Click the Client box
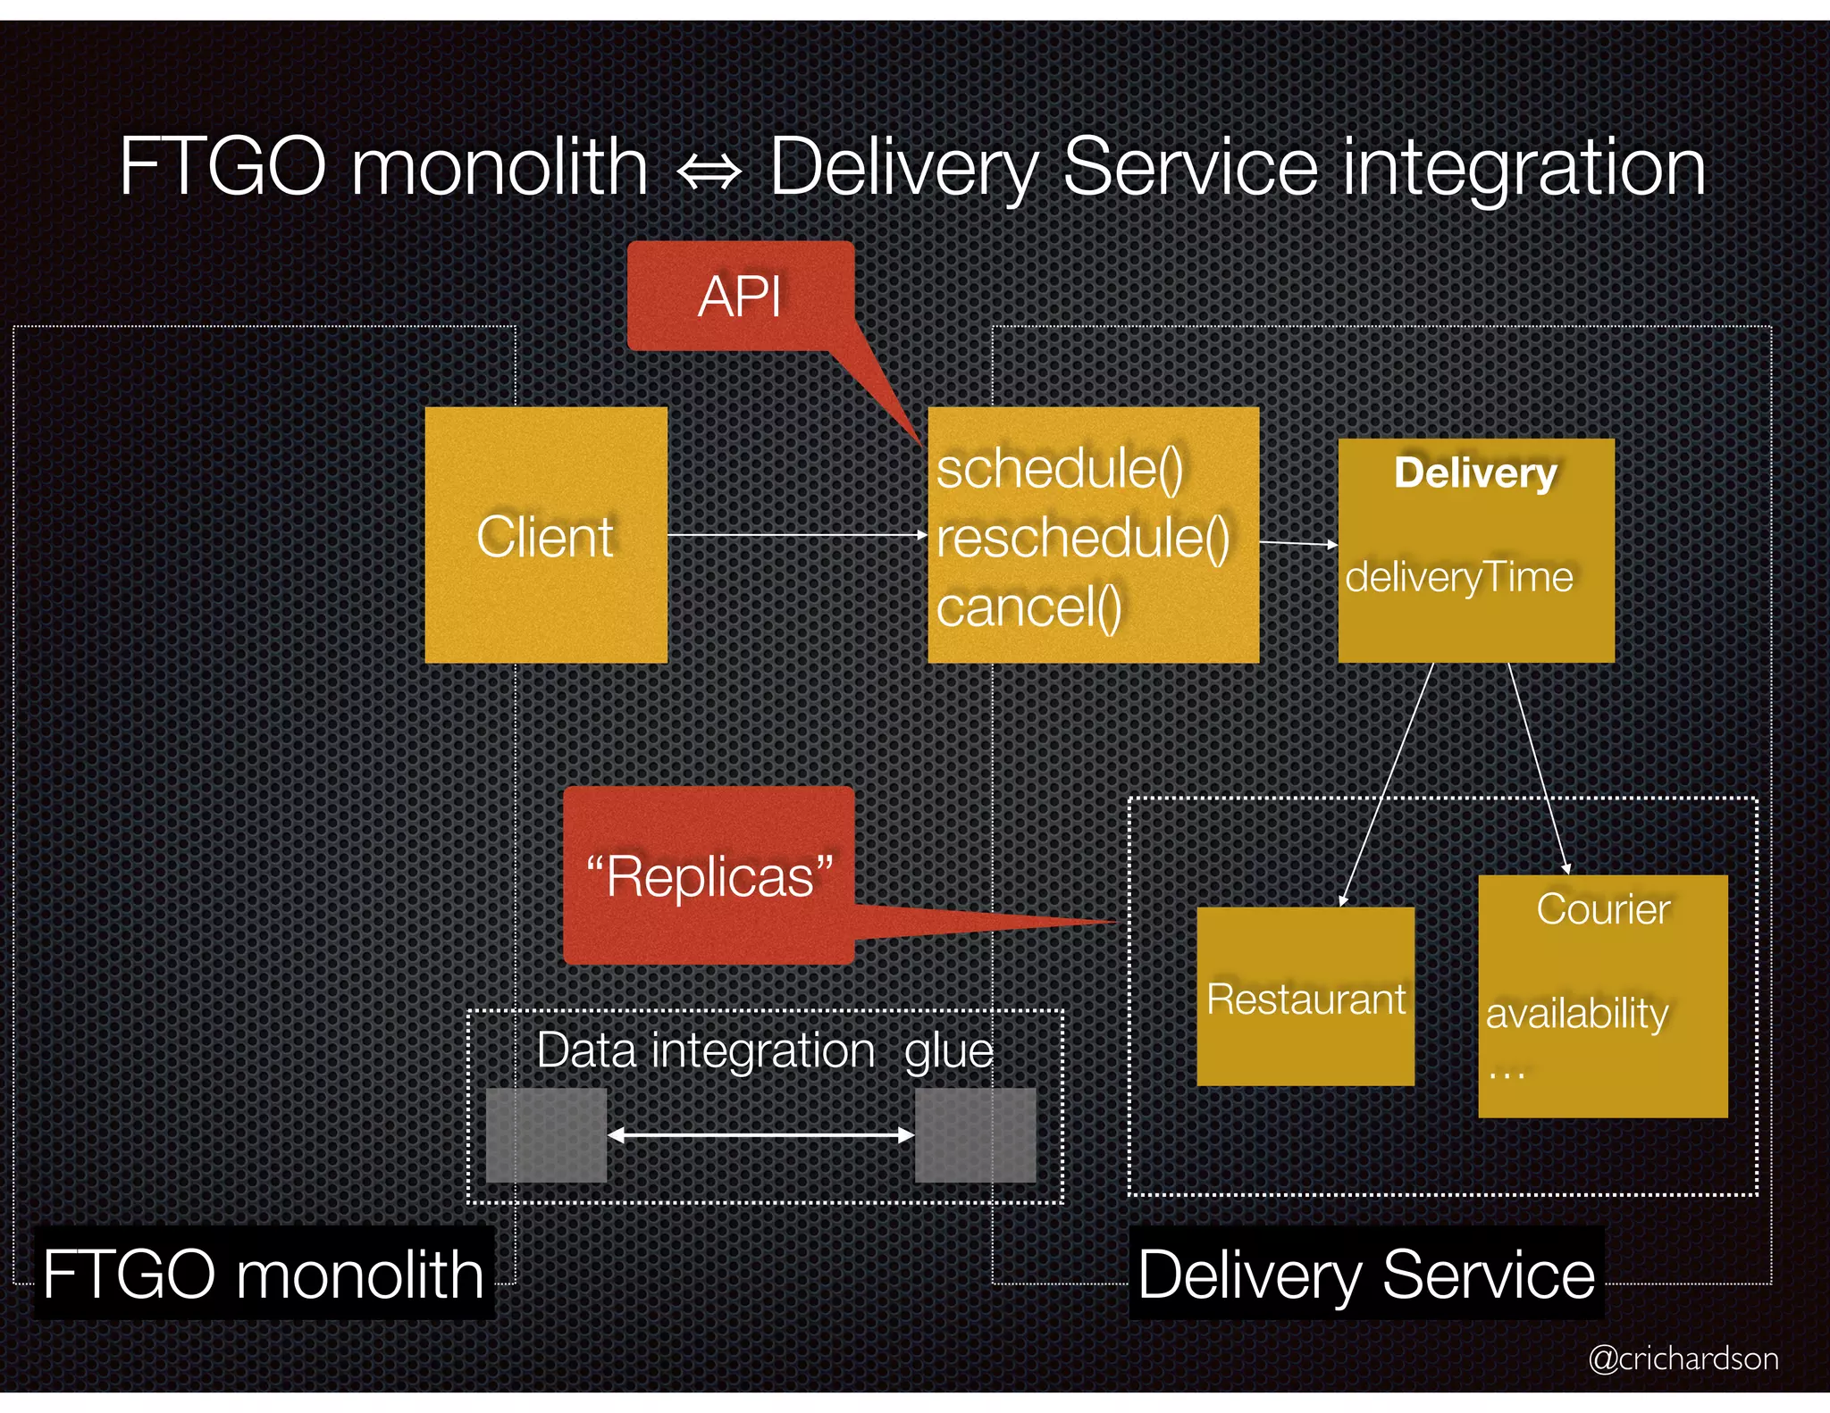546,536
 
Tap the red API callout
740,297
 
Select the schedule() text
1060,469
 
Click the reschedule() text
1083,538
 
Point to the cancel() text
1028,608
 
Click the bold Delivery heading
1475,472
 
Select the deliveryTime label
1458,577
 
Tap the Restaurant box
1305,998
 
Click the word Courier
1603,909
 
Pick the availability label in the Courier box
1577,1013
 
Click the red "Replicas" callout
709,876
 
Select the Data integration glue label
765,1050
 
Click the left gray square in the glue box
546,1135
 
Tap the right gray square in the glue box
975,1135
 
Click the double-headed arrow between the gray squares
760,1135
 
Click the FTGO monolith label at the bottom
264,1275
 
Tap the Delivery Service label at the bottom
1365,1275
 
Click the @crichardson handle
1683,1359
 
